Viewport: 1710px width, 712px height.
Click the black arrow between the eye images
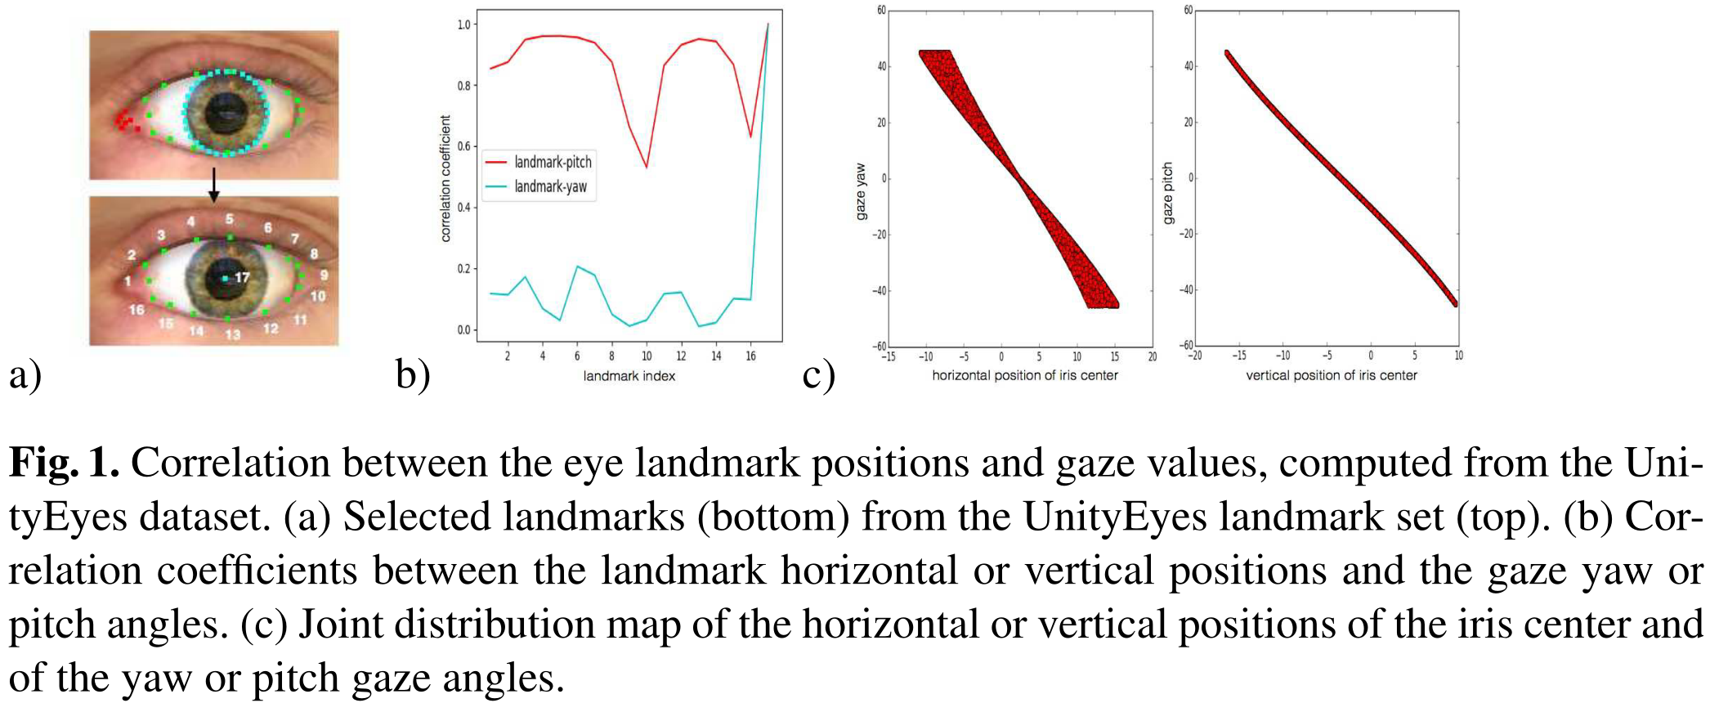pyautogui.click(x=213, y=186)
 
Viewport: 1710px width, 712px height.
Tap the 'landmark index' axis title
pyautogui.click(x=629, y=376)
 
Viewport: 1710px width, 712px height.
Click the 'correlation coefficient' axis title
pyautogui.click(x=445, y=178)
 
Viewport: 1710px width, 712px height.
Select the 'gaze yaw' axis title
pyautogui.click(x=860, y=191)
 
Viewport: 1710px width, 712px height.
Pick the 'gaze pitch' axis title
pyautogui.click(x=1167, y=193)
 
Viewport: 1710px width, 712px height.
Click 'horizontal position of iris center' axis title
pyautogui.click(x=1024, y=375)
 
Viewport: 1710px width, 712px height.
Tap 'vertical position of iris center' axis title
pyautogui.click(x=1331, y=375)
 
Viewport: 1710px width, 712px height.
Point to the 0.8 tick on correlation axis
pyautogui.click(x=464, y=86)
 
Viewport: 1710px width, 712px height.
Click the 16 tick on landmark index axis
pyautogui.click(x=750, y=356)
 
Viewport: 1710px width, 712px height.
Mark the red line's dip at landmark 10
pyautogui.click(x=647, y=167)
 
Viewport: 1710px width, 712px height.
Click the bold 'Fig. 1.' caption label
pyautogui.click(x=64, y=463)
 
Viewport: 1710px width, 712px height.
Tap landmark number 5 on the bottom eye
pyautogui.click(x=230, y=219)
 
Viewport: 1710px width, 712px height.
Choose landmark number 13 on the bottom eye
pyautogui.click(x=233, y=334)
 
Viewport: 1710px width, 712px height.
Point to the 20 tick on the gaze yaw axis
pyautogui.click(x=881, y=123)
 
